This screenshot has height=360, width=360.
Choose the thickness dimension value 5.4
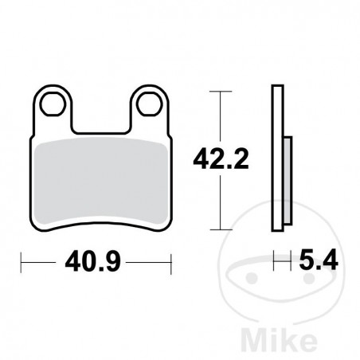click(x=316, y=260)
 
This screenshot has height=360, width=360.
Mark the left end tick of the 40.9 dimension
click(x=22, y=260)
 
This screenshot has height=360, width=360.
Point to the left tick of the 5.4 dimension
click(x=275, y=260)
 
